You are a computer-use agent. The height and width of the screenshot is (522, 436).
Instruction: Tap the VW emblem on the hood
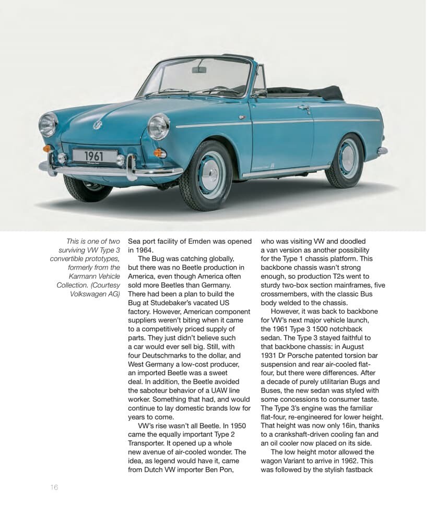pos(97,125)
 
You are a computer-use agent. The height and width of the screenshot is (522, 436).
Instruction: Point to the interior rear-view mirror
pos(199,69)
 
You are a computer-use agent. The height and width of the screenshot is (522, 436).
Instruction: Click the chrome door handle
pos(304,108)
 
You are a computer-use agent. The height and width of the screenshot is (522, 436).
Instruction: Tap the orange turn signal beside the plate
pos(160,153)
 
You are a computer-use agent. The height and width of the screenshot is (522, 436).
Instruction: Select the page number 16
pos(54,487)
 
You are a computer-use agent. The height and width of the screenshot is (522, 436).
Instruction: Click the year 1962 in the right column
pos(355,461)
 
